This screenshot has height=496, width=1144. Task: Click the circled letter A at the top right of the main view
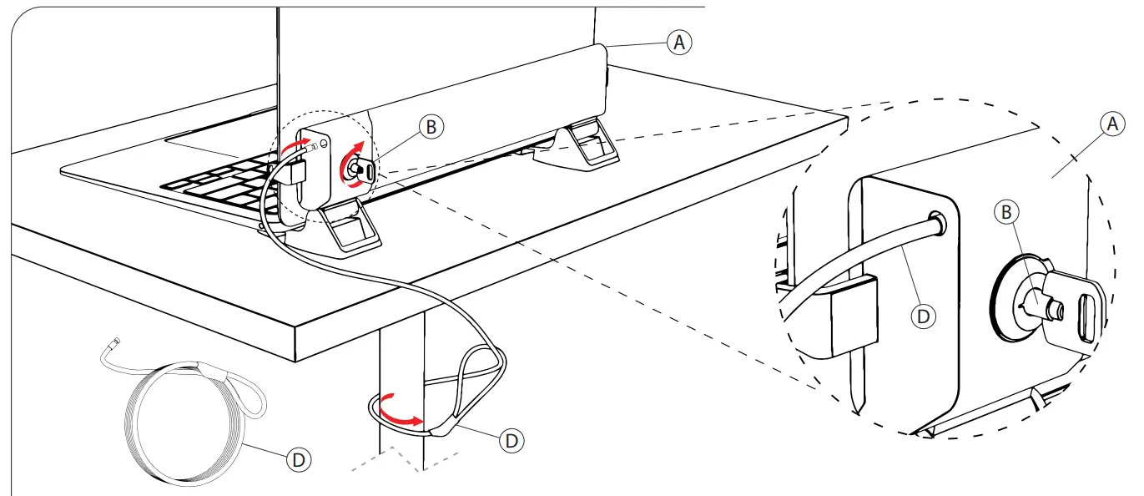pos(679,43)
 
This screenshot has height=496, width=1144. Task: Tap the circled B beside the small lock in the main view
pos(431,127)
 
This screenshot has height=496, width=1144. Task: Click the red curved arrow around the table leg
pos(399,412)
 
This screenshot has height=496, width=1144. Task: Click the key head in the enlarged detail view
pos(1081,307)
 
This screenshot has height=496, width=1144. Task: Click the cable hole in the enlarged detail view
pos(940,220)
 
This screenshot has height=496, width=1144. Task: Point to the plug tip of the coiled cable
pos(114,342)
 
